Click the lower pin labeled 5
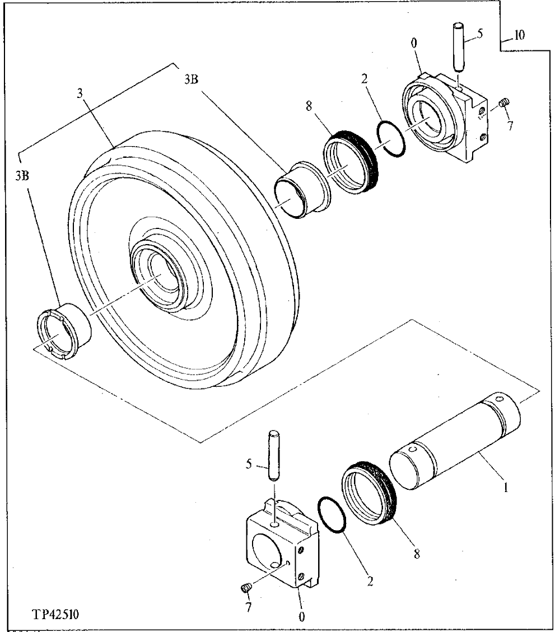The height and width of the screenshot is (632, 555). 274,454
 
